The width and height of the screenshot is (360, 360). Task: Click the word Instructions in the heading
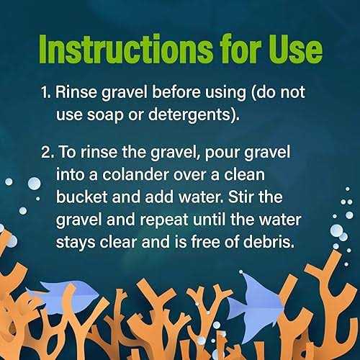(126, 49)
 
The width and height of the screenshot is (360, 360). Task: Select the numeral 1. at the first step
(46, 92)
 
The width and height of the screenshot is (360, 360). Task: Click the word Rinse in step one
(76, 92)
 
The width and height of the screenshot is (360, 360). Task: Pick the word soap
(105, 115)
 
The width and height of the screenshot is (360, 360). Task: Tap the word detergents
(189, 114)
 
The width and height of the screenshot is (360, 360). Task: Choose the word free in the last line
(205, 241)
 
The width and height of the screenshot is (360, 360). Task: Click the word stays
(76, 243)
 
